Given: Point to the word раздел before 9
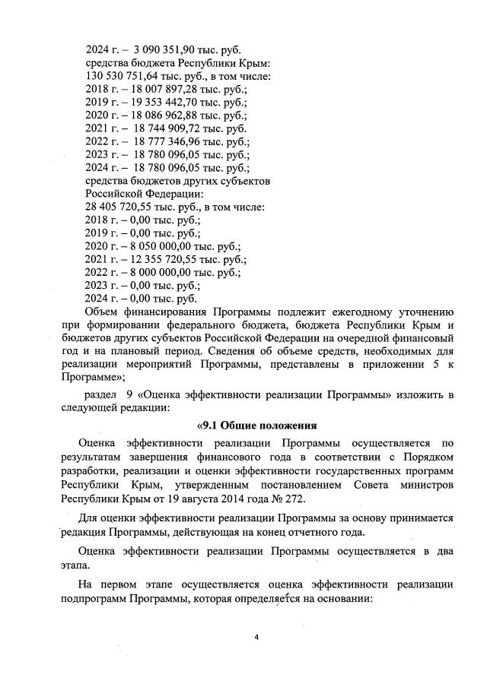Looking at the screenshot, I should pyautogui.click(x=100, y=396).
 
